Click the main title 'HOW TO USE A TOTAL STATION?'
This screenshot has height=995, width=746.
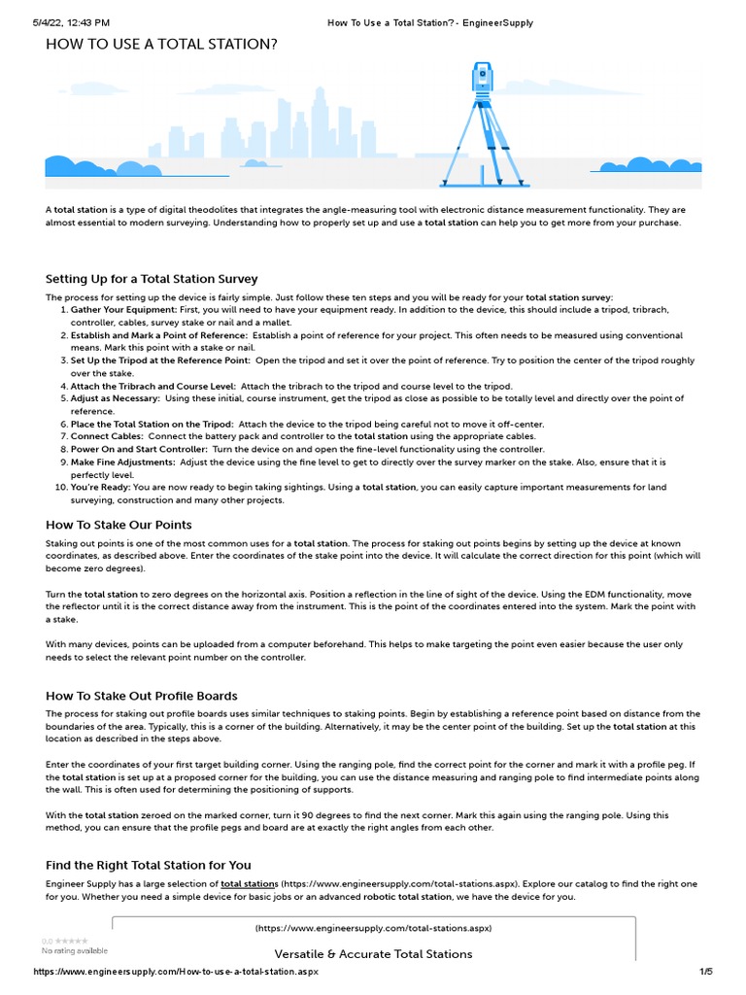click(x=161, y=45)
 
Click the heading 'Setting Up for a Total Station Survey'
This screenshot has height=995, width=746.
click(x=152, y=279)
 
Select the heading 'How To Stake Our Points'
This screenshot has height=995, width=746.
click(x=119, y=525)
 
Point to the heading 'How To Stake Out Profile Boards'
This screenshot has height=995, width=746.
click(x=142, y=696)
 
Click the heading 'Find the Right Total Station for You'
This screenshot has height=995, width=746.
click(x=148, y=865)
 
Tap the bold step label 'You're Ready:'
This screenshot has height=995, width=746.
click(x=100, y=488)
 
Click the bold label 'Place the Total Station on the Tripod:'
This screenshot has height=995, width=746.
click(x=152, y=425)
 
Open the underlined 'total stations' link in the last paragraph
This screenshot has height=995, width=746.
click(x=250, y=884)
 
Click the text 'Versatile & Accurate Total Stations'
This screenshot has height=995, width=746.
click(x=373, y=954)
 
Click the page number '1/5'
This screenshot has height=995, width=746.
click(x=706, y=972)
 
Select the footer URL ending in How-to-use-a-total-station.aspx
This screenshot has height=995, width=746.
click(x=176, y=972)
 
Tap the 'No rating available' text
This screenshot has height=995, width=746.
click(x=75, y=950)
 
